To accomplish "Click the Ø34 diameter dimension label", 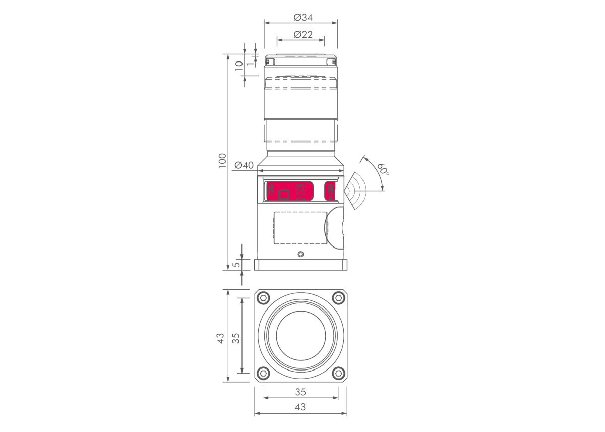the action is pos(303,18).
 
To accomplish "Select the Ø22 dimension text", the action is pos(303,35).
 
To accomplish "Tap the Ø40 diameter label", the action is pos(244,165).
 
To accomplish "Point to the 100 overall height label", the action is pos(222,161).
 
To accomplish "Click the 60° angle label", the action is pos(383,169).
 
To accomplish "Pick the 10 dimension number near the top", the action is pos(239,66).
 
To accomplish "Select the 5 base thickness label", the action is pos(236,264).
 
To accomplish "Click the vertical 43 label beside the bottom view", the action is pos(221,338).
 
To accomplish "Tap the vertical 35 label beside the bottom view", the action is pos(236,338).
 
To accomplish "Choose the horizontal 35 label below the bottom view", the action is pos(300,392).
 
